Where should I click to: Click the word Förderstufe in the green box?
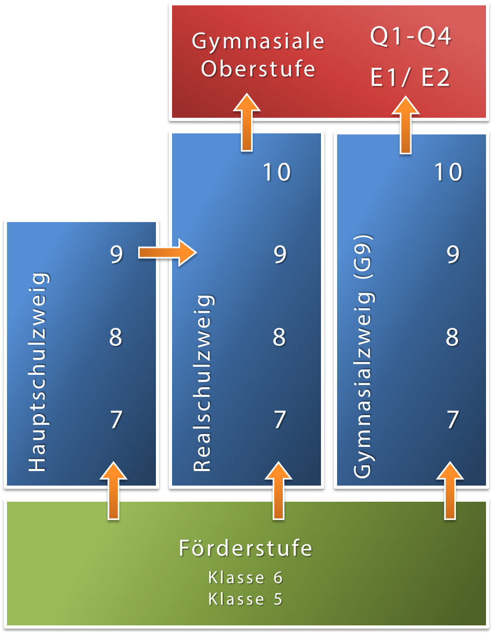[245, 548]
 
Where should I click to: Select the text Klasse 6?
[245, 578]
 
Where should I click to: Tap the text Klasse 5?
[245, 599]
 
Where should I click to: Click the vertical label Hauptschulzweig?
[38, 373]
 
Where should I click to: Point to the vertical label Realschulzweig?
[203, 383]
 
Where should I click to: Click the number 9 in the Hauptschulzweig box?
[116, 254]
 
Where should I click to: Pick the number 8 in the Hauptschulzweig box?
[116, 337]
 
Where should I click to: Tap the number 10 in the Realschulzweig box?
[277, 172]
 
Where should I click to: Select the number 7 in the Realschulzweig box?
[279, 419]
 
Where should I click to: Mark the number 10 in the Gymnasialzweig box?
[448, 172]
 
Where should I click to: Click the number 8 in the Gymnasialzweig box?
[452, 337]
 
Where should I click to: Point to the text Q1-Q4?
[410, 38]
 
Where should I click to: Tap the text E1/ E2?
[410, 78]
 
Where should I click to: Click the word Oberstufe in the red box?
[258, 69]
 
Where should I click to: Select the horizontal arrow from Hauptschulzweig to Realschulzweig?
[167, 252]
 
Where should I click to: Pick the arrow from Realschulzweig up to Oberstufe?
[247, 122]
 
